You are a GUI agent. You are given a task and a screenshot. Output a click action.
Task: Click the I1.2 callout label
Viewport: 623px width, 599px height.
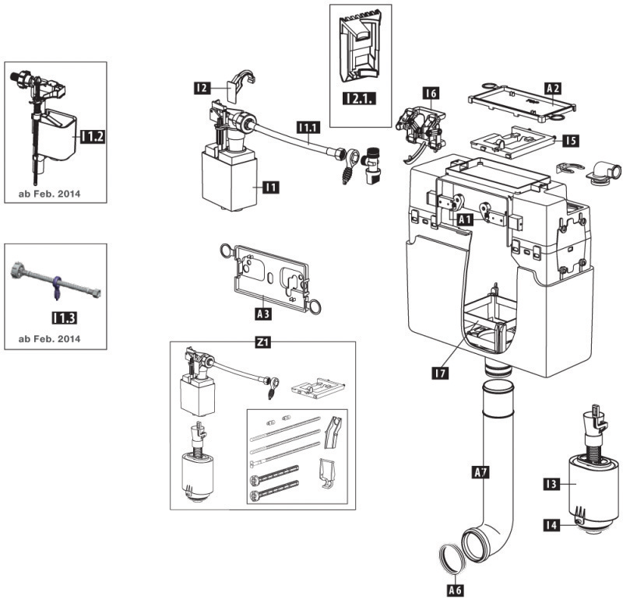tap(93, 137)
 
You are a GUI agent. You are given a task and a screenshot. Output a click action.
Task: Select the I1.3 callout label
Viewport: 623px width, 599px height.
tap(65, 317)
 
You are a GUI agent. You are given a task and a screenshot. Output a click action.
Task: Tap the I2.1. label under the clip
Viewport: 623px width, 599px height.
tap(359, 98)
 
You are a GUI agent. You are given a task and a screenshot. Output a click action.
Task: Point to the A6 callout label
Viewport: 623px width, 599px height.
tap(456, 590)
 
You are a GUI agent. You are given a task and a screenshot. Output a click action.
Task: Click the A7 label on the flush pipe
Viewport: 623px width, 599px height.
tap(481, 472)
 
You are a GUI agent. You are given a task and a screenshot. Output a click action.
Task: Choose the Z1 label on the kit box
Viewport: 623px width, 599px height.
tap(262, 342)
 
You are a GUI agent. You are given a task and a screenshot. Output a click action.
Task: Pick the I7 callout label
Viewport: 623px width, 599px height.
tap(440, 373)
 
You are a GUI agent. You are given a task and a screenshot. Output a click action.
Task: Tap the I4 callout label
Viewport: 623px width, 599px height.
tap(551, 525)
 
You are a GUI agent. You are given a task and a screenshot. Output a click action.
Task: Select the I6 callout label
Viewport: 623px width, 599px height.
tap(431, 93)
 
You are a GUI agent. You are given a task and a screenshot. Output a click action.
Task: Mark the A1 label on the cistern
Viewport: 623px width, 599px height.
tap(466, 219)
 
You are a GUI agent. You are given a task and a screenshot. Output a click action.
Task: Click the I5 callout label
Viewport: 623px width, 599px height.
tap(571, 141)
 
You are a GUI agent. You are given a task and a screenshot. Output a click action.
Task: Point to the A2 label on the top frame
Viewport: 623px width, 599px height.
tap(553, 88)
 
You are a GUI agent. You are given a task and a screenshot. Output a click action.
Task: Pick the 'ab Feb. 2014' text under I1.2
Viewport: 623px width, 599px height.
tap(49, 194)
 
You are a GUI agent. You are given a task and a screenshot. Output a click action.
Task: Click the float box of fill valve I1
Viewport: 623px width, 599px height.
tap(229, 180)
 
